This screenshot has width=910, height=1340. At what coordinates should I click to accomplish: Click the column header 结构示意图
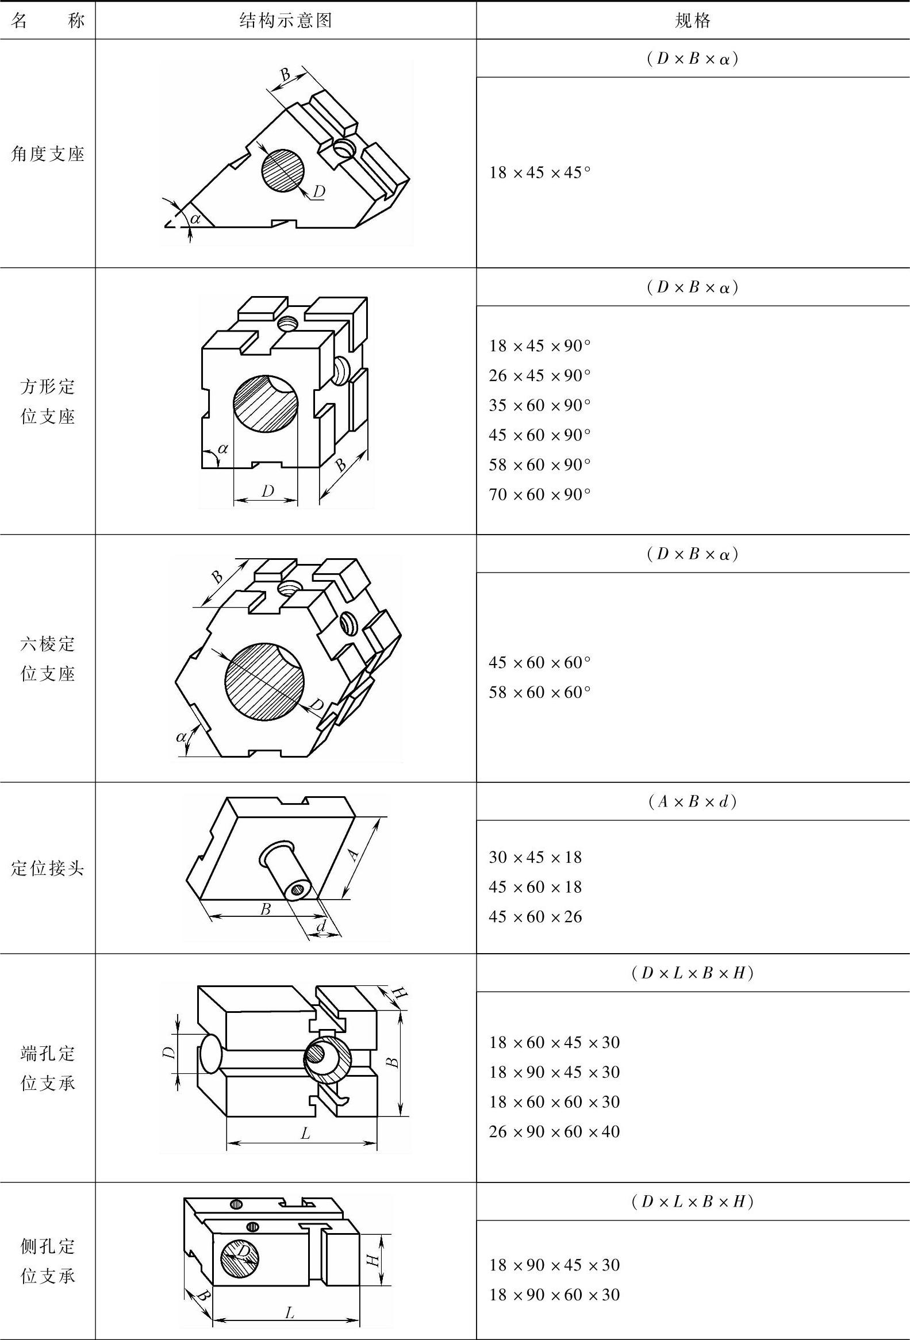point(286,21)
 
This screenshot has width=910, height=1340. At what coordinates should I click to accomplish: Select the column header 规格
point(693,21)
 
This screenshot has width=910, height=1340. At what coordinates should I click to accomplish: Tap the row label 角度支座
point(48,154)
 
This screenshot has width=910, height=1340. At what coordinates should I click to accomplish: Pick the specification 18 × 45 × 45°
point(540,172)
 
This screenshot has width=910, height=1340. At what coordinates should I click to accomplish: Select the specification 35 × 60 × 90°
point(540,405)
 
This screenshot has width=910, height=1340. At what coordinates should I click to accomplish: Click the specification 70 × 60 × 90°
point(540,494)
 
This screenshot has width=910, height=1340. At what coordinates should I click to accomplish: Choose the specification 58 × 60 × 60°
point(540,692)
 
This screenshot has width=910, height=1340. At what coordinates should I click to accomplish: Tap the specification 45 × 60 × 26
point(536,917)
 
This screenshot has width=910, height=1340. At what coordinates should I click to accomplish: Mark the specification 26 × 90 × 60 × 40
point(554,1131)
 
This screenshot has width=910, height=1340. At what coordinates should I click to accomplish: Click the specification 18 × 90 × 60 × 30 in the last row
point(554,1295)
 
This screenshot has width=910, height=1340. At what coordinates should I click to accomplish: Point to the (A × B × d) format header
point(693,801)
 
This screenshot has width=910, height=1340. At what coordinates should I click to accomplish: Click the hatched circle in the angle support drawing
point(283,170)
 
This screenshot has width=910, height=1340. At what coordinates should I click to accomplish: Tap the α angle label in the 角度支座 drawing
point(195,218)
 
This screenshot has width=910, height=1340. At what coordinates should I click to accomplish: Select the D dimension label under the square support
point(267,492)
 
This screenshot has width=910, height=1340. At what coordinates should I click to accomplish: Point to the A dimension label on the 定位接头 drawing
point(355,853)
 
